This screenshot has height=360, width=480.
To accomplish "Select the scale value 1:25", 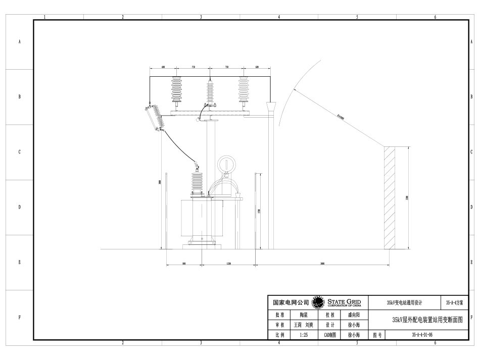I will coord(303,334).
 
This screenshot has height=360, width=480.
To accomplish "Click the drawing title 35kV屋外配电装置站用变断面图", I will coord(427,319).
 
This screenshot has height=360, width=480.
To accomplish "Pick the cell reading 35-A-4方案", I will coord(455,302).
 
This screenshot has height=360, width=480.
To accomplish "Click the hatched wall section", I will coord(389,197).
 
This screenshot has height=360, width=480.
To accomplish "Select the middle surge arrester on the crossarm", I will coord(210,91).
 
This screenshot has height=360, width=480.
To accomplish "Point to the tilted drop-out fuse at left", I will coord(156,118).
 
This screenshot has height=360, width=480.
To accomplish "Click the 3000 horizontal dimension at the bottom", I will coord(322,264).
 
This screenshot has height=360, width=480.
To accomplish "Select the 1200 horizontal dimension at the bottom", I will coord(228,264).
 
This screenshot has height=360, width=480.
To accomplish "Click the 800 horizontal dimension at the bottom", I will coord(184,264).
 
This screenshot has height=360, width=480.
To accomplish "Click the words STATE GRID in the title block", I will coord(344,301).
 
